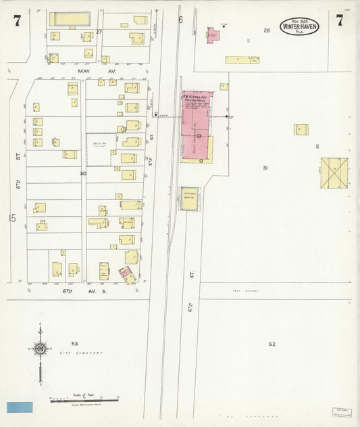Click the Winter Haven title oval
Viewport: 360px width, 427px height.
(299, 26)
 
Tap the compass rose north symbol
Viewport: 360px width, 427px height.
(40, 349)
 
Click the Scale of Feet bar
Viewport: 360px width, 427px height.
(84, 399)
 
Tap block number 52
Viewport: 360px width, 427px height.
(272, 344)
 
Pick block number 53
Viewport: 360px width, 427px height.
(74, 344)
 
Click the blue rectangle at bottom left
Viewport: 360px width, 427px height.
(20, 407)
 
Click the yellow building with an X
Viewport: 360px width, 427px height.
(334, 172)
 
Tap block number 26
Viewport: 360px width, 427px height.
(267, 30)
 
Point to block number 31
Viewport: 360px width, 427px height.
(266, 168)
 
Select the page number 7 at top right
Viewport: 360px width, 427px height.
(339, 20)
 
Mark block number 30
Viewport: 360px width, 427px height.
(82, 173)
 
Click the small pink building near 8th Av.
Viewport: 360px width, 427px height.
(126, 274)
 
